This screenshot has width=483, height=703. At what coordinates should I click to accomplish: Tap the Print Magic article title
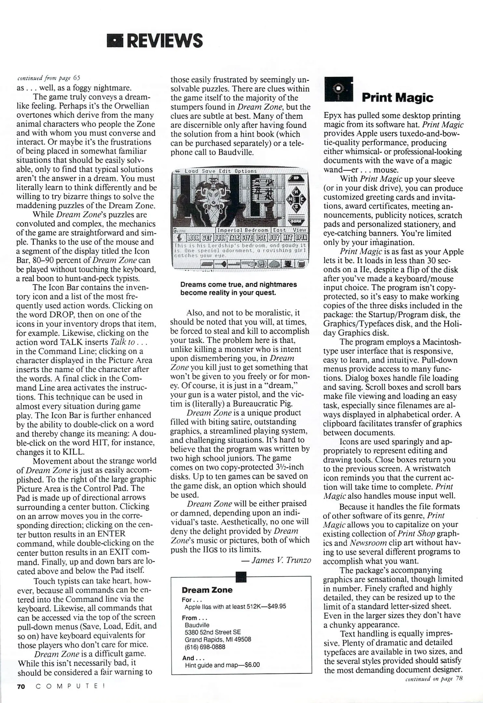coord(397,97)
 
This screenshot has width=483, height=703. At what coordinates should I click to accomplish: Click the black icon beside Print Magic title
coord(338,89)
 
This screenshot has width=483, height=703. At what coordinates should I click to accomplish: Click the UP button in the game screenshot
coord(296,178)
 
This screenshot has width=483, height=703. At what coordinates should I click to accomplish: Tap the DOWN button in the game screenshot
coord(296,221)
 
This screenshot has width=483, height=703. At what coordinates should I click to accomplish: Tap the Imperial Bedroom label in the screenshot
coord(243,230)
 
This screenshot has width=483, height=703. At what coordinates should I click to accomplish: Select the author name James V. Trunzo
coord(281,560)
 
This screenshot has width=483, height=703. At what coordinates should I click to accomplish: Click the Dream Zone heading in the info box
coord(207,590)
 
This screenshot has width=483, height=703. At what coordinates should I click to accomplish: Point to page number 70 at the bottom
coord(21,686)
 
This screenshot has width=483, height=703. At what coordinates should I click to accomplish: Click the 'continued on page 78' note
coord(434,679)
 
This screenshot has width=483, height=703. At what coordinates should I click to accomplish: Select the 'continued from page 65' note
coord(48,78)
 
